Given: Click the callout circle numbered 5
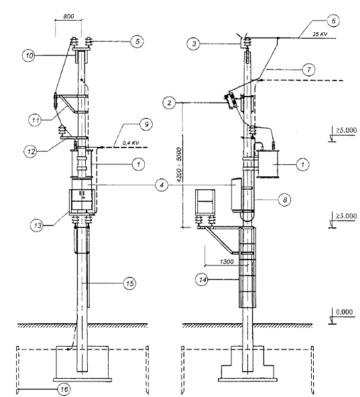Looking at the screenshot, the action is point(137,42).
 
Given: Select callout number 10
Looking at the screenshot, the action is point(29,56).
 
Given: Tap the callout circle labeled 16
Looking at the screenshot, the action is point(64,389).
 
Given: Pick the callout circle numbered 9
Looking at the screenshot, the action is point(146,124).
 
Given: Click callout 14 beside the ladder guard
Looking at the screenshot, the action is point(202,280).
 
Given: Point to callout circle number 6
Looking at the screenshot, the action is point(333,21).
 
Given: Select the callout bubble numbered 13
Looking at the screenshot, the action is point(37,225).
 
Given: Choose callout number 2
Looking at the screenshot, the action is point(170,103).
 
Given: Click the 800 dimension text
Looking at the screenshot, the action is point(68,17).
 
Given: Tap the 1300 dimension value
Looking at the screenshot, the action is point(227,262).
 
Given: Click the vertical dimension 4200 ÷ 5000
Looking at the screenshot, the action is point(179,165).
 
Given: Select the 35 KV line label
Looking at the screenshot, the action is point(320,34).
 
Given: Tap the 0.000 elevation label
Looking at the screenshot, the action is point(345,312).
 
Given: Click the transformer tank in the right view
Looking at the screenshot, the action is point(268,164).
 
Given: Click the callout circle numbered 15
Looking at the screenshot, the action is point(129,283).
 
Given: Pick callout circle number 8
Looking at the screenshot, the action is point(284,200).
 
